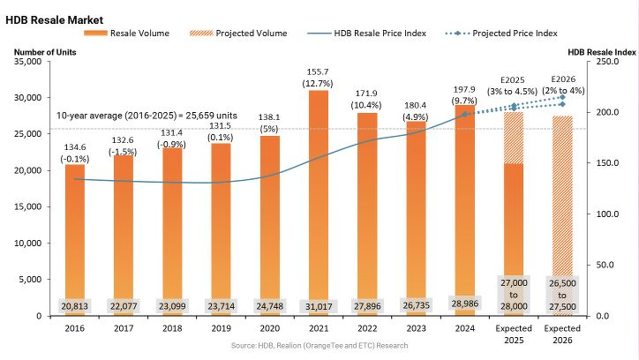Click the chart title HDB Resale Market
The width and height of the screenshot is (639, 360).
[55, 19]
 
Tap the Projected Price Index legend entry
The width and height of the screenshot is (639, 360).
[515, 33]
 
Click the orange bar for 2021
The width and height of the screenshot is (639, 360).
[318, 194]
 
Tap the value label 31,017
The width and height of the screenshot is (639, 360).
[318, 305]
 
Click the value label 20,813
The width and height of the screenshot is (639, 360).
[75, 305]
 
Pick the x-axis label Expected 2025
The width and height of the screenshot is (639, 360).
[513, 336]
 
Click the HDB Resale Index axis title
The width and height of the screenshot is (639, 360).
[600, 52]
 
